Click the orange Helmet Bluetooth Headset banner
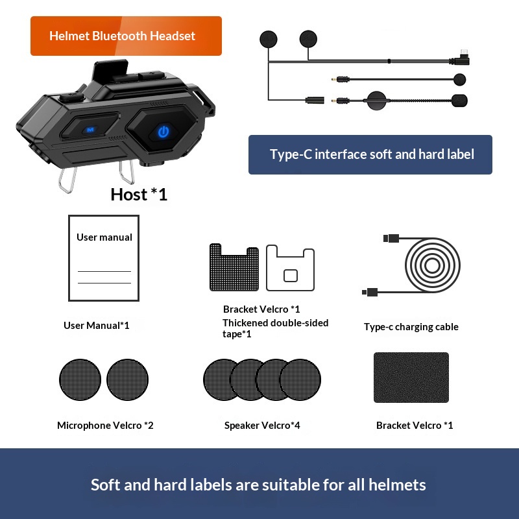point(126,36)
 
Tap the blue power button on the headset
point(163,132)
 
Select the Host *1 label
point(139,194)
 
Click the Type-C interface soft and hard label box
point(370,154)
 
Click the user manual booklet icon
point(104,257)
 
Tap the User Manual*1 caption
point(96,325)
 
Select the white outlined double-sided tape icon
point(290,267)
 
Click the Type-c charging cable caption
point(411,327)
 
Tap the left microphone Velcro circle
point(80,380)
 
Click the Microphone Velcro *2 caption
point(105,426)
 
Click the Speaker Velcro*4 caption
point(262,426)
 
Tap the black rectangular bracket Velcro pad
point(411,378)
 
